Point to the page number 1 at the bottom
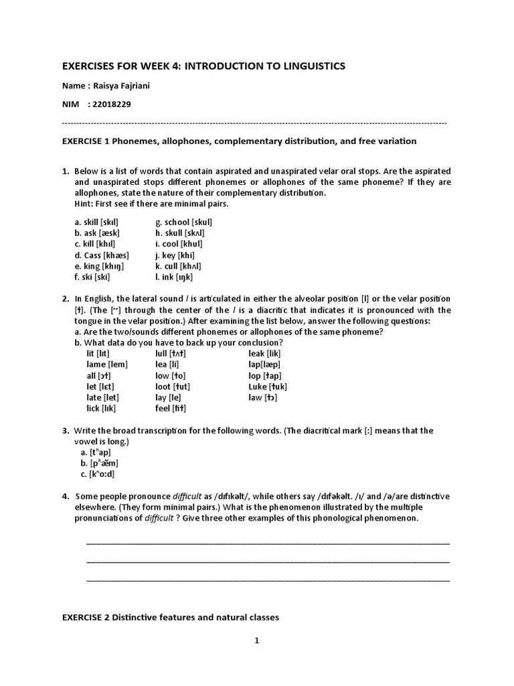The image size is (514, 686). (x=256, y=640)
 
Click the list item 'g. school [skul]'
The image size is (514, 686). (x=183, y=222)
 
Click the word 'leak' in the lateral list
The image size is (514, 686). (x=256, y=353)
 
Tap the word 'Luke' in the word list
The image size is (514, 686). (x=257, y=387)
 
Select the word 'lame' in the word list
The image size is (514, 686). (x=98, y=364)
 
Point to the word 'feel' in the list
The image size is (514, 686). (x=162, y=408)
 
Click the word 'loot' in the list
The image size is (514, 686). (x=163, y=387)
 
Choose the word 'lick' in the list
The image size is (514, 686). (x=94, y=408)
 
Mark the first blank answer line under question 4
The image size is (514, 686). (x=268, y=542)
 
